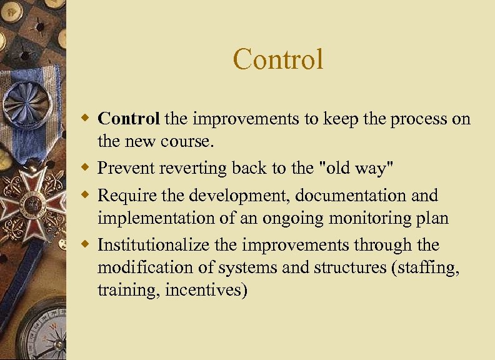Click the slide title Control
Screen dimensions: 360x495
(x=278, y=60)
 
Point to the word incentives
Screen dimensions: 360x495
(x=206, y=291)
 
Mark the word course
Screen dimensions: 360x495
(x=188, y=142)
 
